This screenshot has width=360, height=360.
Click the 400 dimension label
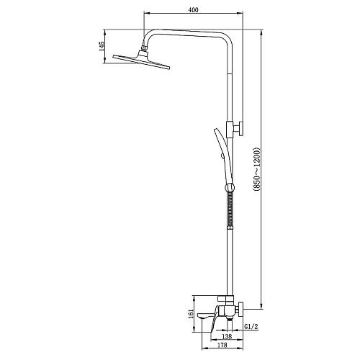(194, 10)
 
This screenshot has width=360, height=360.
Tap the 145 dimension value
(102, 46)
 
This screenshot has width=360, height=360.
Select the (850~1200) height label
(256, 169)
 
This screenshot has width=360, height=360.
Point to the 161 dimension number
(191, 314)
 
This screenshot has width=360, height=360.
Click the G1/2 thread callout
(251, 326)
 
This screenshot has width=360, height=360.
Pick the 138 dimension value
(227, 336)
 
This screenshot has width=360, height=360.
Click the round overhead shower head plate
(141, 62)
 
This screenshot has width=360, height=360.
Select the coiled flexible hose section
(230, 208)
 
